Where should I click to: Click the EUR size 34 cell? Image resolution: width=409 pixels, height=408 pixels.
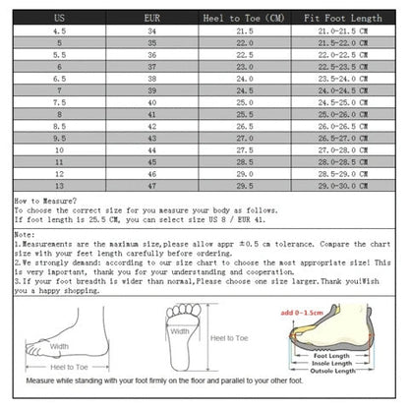click(151, 31)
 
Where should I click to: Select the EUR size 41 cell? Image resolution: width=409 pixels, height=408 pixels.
click(151, 115)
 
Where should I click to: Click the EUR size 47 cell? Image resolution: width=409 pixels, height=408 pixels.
click(151, 186)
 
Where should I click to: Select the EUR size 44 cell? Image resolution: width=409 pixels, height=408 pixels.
click(151, 150)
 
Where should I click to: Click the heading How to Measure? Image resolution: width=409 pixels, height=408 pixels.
click(40, 200)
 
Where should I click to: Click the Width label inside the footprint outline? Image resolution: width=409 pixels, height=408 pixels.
click(180, 332)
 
